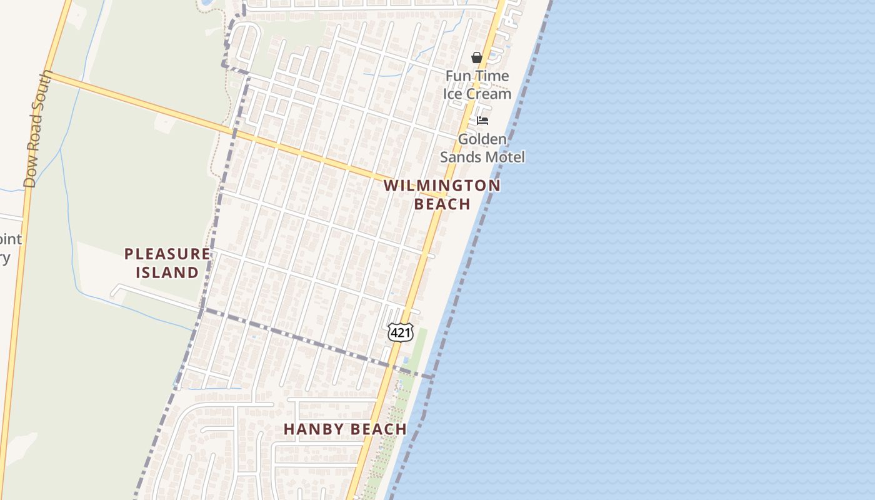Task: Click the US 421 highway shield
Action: pyautogui.click(x=400, y=332)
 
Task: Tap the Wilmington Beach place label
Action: pyautogui.click(x=442, y=194)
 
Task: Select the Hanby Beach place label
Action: pyautogui.click(x=345, y=429)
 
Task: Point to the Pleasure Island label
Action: pyautogui.click(x=167, y=263)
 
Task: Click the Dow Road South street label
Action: pyautogui.click(x=37, y=129)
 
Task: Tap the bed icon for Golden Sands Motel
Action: pyautogui.click(x=482, y=120)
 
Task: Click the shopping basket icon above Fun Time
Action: pyautogui.click(x=477, y=58)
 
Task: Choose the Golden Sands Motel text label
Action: pyautogui.click(x=482, y=148)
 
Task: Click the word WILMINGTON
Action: pyautogui.click(x=442, y=186)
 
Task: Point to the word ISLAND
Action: pyautogui.click(x=167, y=272)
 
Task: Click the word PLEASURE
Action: pyautogui.click(x=167, y=254)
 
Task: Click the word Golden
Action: pyautogui.click(x=482, y=139)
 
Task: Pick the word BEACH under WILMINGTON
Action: pyautogui.click(x=442, y=204)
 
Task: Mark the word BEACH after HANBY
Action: pyautogui.click(x=377, y=429)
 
